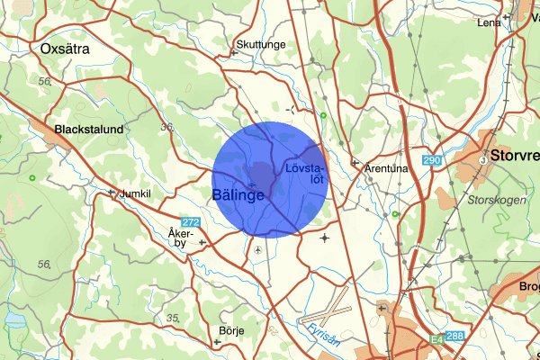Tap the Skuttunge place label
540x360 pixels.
click(260, 42)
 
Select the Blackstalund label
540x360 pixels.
click(88, 130)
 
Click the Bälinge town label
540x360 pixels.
click(238, 194)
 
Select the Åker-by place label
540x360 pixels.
click(181, 238)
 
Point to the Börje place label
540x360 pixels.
click(231, 330)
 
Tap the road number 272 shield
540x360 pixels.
click(190, 222)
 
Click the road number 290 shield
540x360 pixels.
click(433, 160)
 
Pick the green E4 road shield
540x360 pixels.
click(436, 340)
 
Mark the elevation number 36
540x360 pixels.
click(166, 128)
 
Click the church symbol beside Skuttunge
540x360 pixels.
click(234, 52)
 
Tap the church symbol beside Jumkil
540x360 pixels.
click(112, 193)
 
